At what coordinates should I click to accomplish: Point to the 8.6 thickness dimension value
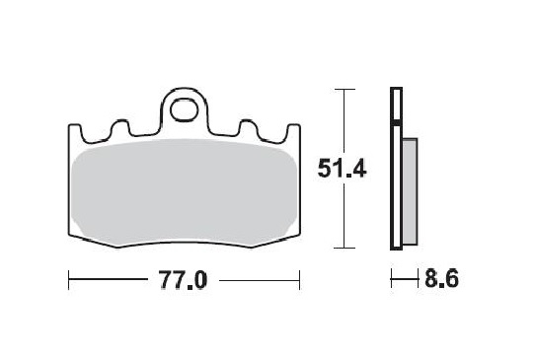click(441, 281)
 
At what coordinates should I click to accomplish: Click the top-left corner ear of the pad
click(75, 130)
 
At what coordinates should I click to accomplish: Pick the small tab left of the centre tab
click(122, 128)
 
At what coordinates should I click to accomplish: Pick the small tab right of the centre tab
click(246, 128)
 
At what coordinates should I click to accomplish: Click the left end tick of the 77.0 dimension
click(69, 281)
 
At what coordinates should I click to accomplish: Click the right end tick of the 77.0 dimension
click(299, 281)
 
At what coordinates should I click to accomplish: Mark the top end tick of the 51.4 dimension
click(342, 90)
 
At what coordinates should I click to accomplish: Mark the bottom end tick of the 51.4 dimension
click(342, 247)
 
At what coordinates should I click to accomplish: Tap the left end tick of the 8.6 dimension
click(391, 281)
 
